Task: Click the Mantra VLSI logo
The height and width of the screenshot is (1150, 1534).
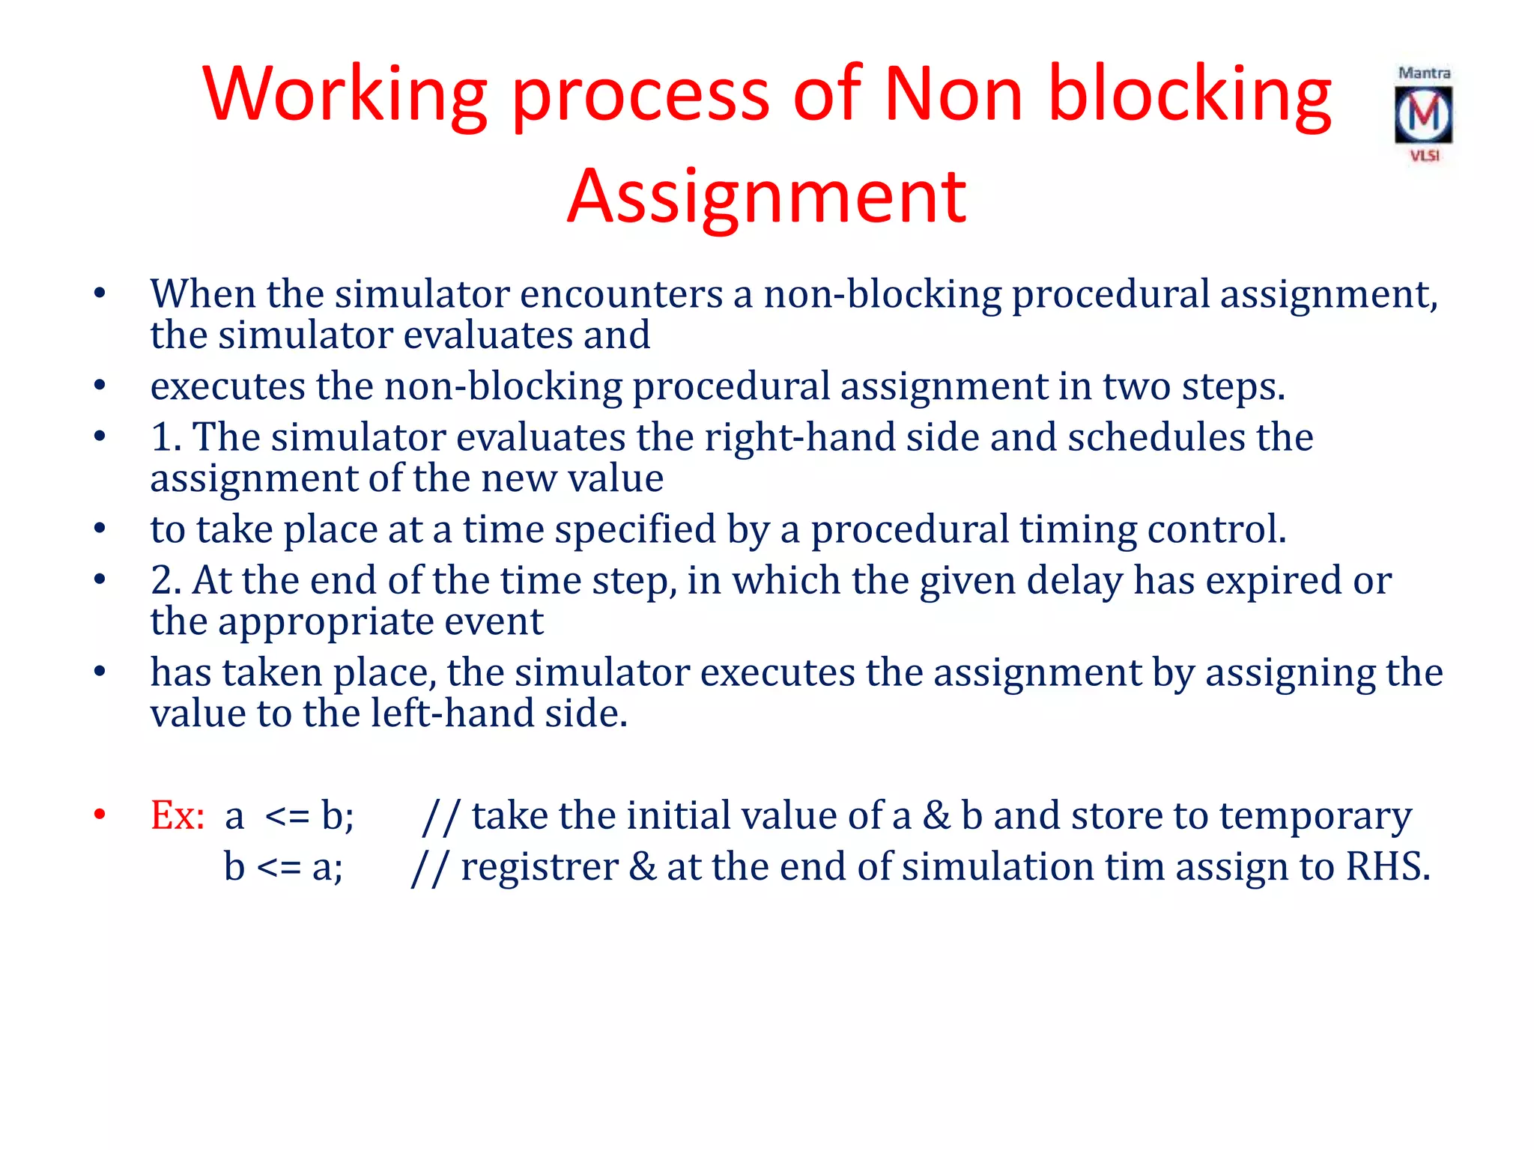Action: [x=1424, y=114]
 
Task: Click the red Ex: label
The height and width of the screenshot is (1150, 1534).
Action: [x=178, y=815]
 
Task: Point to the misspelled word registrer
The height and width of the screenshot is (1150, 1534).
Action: [x=539, y=867]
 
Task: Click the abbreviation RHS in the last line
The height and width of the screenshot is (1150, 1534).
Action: [x=1386, y=867]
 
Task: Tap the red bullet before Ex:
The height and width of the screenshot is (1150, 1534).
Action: [x=100, y=815]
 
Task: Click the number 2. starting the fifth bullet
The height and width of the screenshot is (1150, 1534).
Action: [x=166, y=580]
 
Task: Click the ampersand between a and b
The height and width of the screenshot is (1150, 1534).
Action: [x=936, y=816]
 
